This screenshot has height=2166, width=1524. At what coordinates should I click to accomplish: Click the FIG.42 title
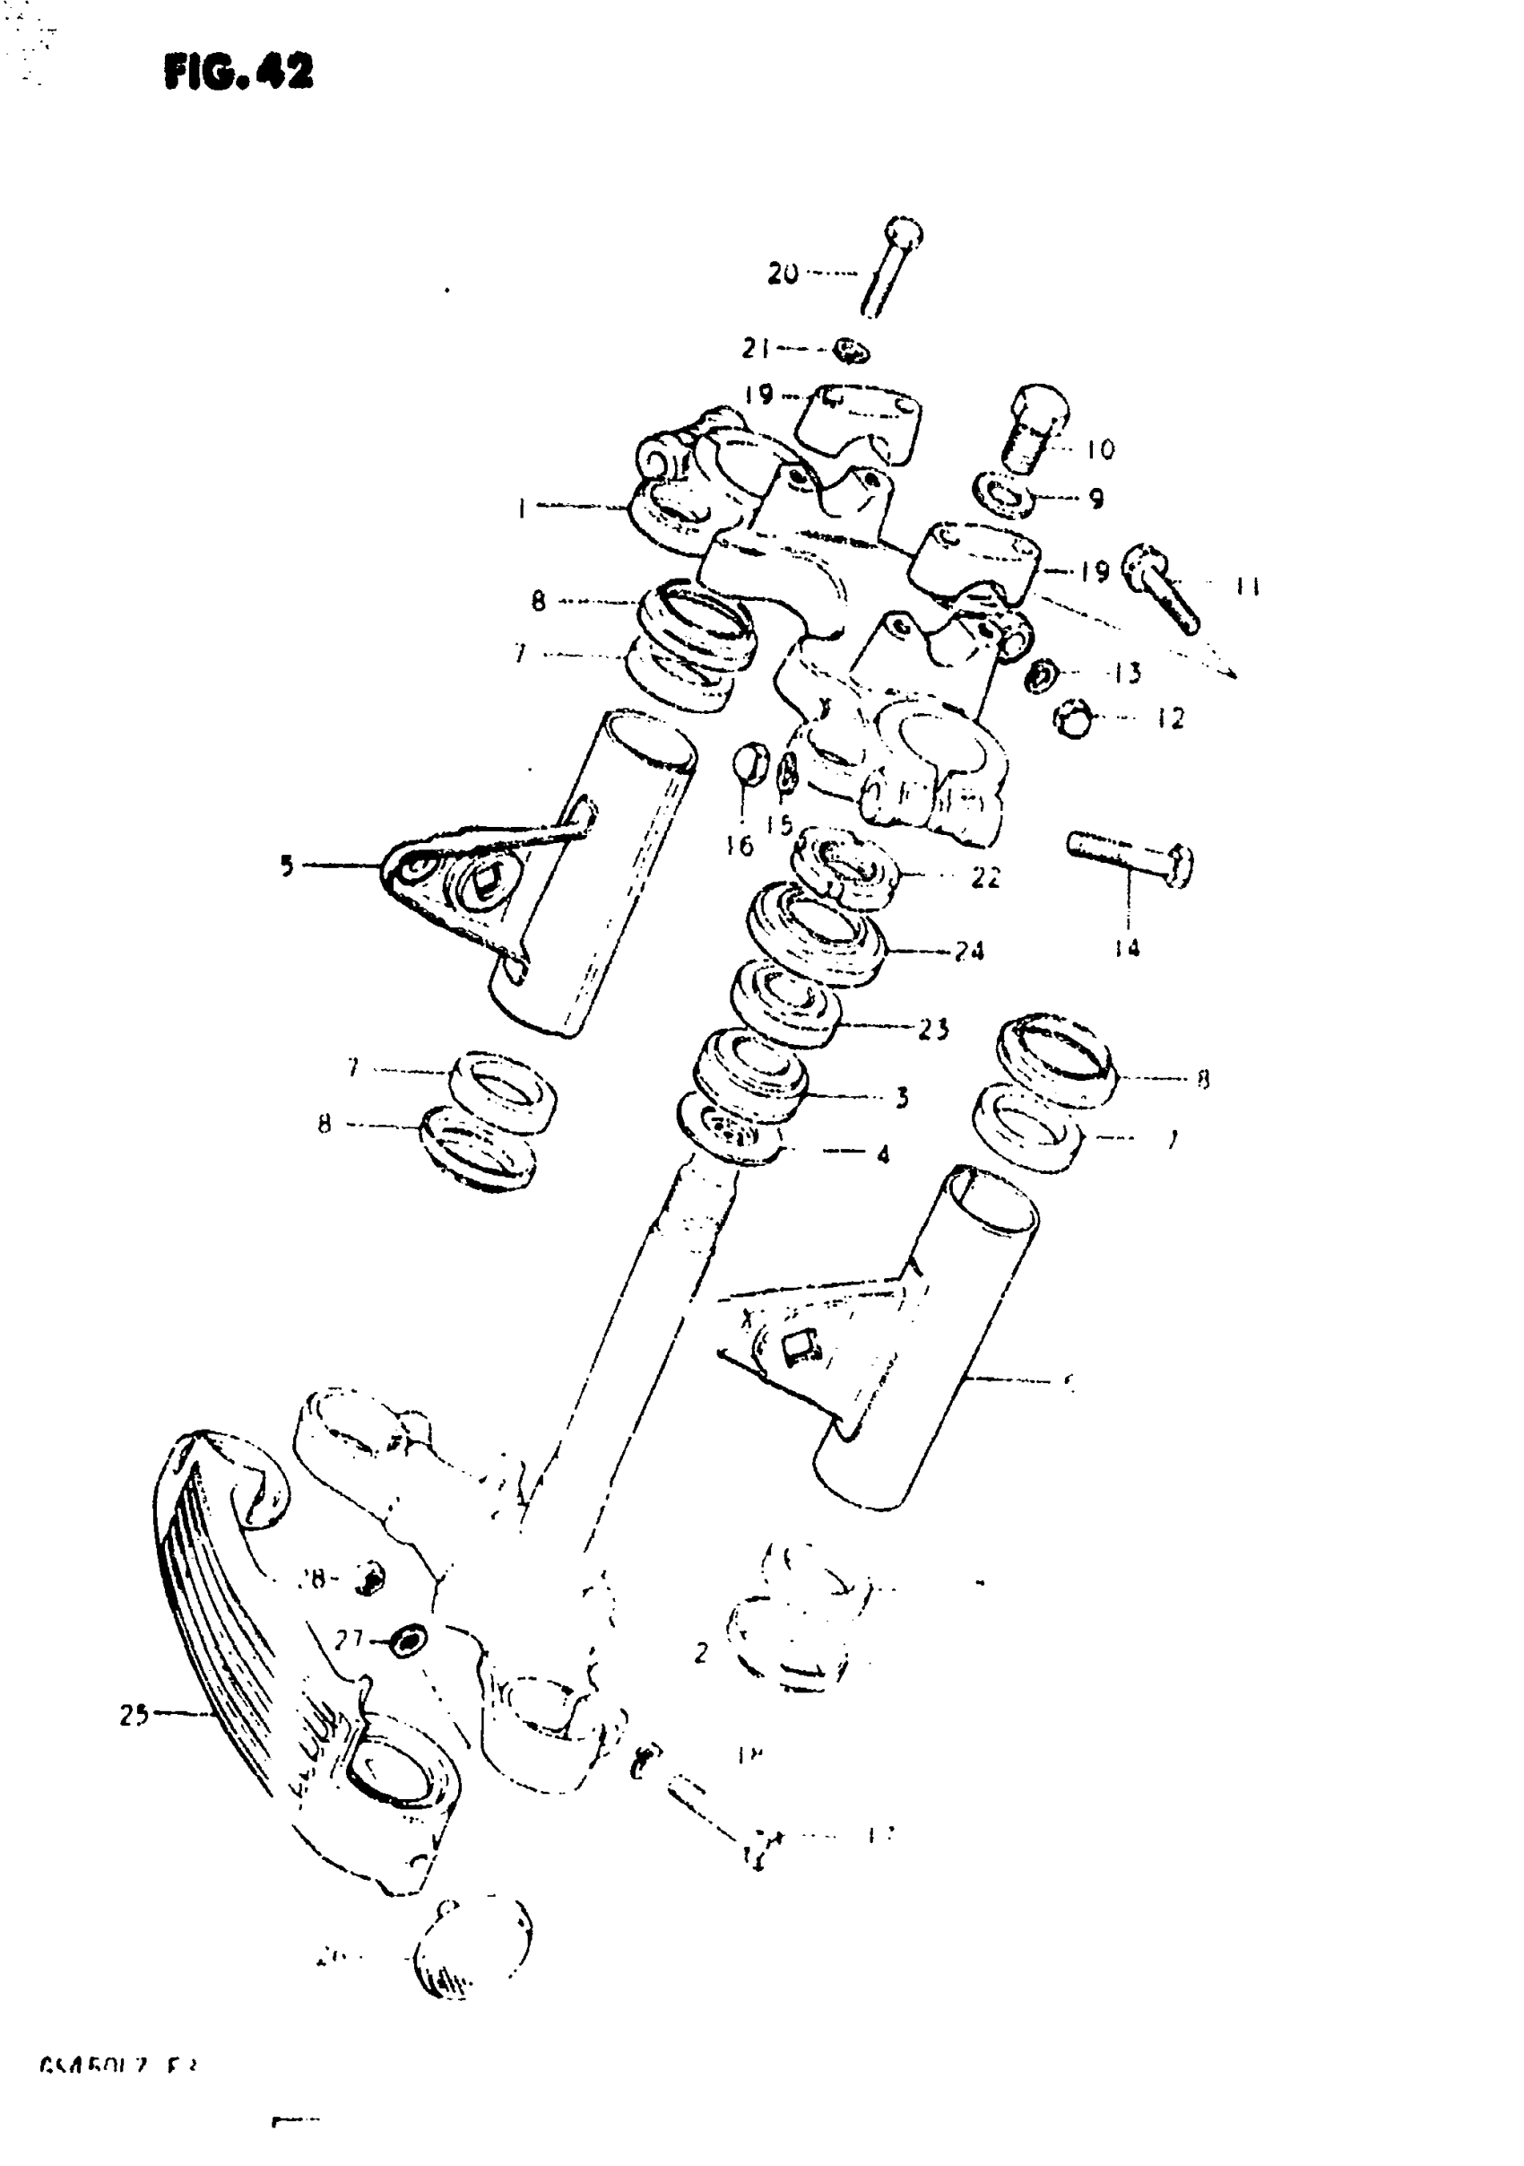click(238, 72)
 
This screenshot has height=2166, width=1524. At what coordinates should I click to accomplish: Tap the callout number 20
click(783, 274)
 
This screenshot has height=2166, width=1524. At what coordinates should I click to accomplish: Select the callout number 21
click(757, 349)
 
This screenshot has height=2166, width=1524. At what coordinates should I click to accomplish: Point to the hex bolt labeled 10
click(1035, 430)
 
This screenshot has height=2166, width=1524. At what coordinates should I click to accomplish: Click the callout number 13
click(1125, 674)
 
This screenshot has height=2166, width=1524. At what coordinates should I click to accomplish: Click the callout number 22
click(985, 877)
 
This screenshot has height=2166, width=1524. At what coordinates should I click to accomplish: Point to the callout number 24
click(968, 951)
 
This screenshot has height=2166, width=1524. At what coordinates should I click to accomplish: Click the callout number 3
click(902, 1097)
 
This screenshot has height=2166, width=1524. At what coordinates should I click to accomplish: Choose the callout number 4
click(883, 1153)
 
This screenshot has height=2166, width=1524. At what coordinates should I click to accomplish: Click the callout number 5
click(287, 866)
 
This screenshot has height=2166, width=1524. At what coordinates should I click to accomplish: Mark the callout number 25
click(134, 1715)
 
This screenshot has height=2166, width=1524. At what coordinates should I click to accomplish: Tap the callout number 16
click(740, 845)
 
